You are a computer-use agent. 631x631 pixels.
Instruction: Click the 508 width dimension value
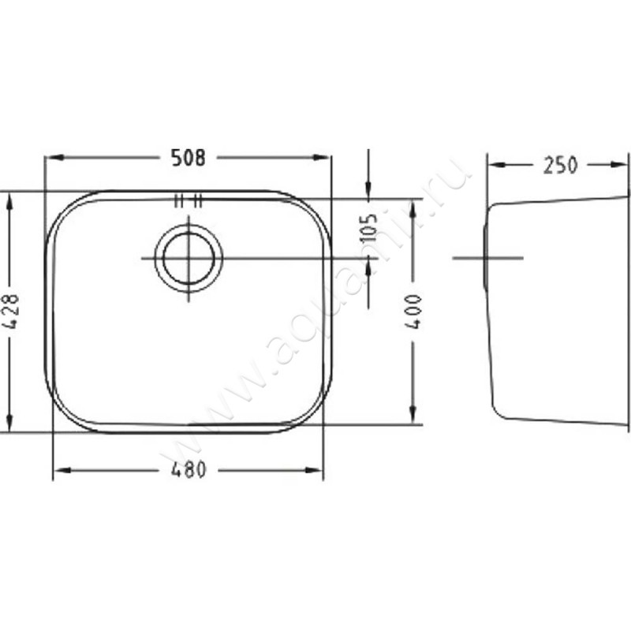[189, 157]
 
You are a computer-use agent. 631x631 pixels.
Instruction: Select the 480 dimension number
[189, 469]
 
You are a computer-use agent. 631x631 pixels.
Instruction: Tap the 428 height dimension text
[13, 312]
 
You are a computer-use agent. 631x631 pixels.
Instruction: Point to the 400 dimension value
[413, 312]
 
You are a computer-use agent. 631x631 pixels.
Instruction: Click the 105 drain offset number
[368, 228]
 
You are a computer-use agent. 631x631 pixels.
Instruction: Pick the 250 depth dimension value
[560, 165]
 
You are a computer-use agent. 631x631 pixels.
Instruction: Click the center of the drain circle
[189, 258]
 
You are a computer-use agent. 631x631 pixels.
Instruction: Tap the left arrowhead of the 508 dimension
[55, 157]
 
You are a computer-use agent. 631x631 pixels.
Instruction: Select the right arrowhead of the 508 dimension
[321, 157]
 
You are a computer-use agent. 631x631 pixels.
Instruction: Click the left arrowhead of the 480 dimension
[63, 469]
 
